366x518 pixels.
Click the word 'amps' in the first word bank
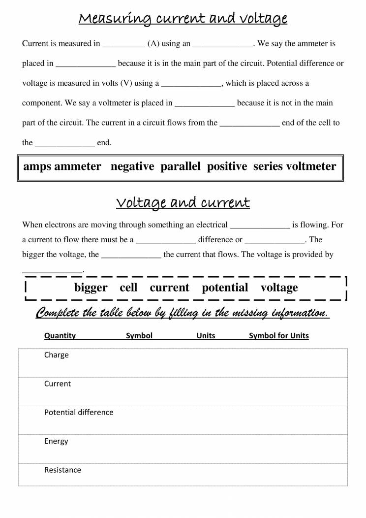tap(37, 166)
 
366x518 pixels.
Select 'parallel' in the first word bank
tap(180, 166)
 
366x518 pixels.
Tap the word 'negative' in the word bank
tap(132, 166)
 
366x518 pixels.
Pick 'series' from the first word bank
tap(268, 166)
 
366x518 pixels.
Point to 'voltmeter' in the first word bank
tap(311, 166)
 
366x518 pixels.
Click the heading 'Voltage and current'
tap(183, 202)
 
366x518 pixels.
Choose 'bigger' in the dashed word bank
tap(91, 288)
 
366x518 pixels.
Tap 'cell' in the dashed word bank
tap(128, 288)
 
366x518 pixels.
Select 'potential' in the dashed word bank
tap(225, 288)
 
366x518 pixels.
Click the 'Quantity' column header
tap(60, 336)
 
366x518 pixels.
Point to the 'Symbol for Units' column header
tap(279, 336)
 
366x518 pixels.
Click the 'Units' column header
tap(206, 336)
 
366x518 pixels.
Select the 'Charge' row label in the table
tap(57, 355)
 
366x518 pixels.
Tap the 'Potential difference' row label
tap(79, 412)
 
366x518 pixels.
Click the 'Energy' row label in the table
tap(56, 441)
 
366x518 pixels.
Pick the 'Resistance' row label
tap(62, 470)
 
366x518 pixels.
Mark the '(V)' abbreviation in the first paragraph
tap(126, 83)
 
